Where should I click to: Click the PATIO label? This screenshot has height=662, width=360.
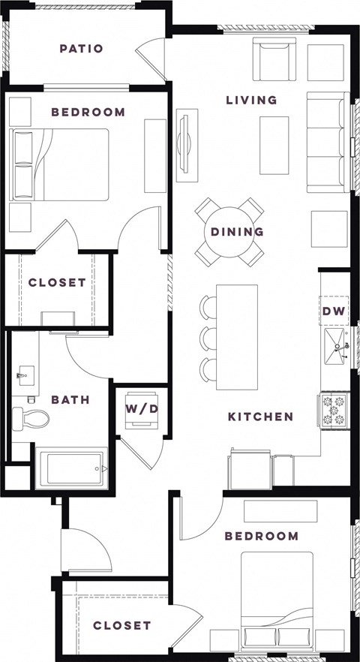tap(81, 50)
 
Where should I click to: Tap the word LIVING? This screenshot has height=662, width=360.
tap(252, 100)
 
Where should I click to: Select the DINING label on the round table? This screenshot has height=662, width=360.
tap(237, 232)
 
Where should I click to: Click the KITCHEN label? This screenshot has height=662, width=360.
tap(260, 417)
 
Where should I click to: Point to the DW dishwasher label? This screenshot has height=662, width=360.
tap(332, 311)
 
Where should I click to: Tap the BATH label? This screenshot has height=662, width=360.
tap(70, 400)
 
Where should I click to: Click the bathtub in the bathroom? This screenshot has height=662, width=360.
tap(71, 468)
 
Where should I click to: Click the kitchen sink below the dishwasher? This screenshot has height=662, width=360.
tap(336, 346)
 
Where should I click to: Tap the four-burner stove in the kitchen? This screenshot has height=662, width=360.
tap(334, 410)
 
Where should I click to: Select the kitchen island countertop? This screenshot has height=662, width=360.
tap(237, 336)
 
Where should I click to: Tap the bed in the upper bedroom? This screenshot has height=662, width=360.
tap(64, 164)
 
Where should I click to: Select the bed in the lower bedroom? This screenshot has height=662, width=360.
tap(277, 600)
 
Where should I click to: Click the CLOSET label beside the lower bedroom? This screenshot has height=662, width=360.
tap(122, 625)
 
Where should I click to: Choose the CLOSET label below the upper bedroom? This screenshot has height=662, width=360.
tap(57, 283)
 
